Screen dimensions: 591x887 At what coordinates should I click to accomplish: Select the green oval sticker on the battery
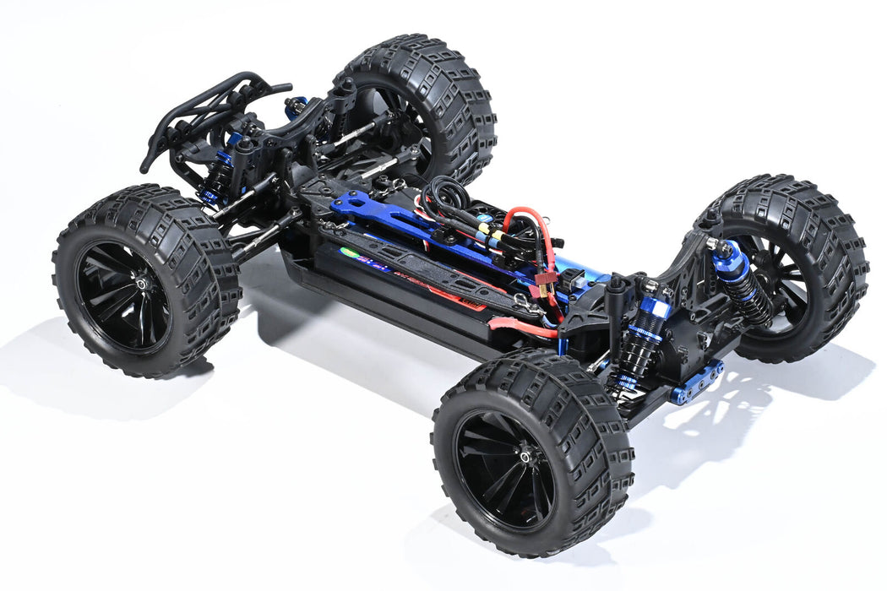pos(349,252)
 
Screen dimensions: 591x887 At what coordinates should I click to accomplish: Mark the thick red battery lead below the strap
pos(524,328)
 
